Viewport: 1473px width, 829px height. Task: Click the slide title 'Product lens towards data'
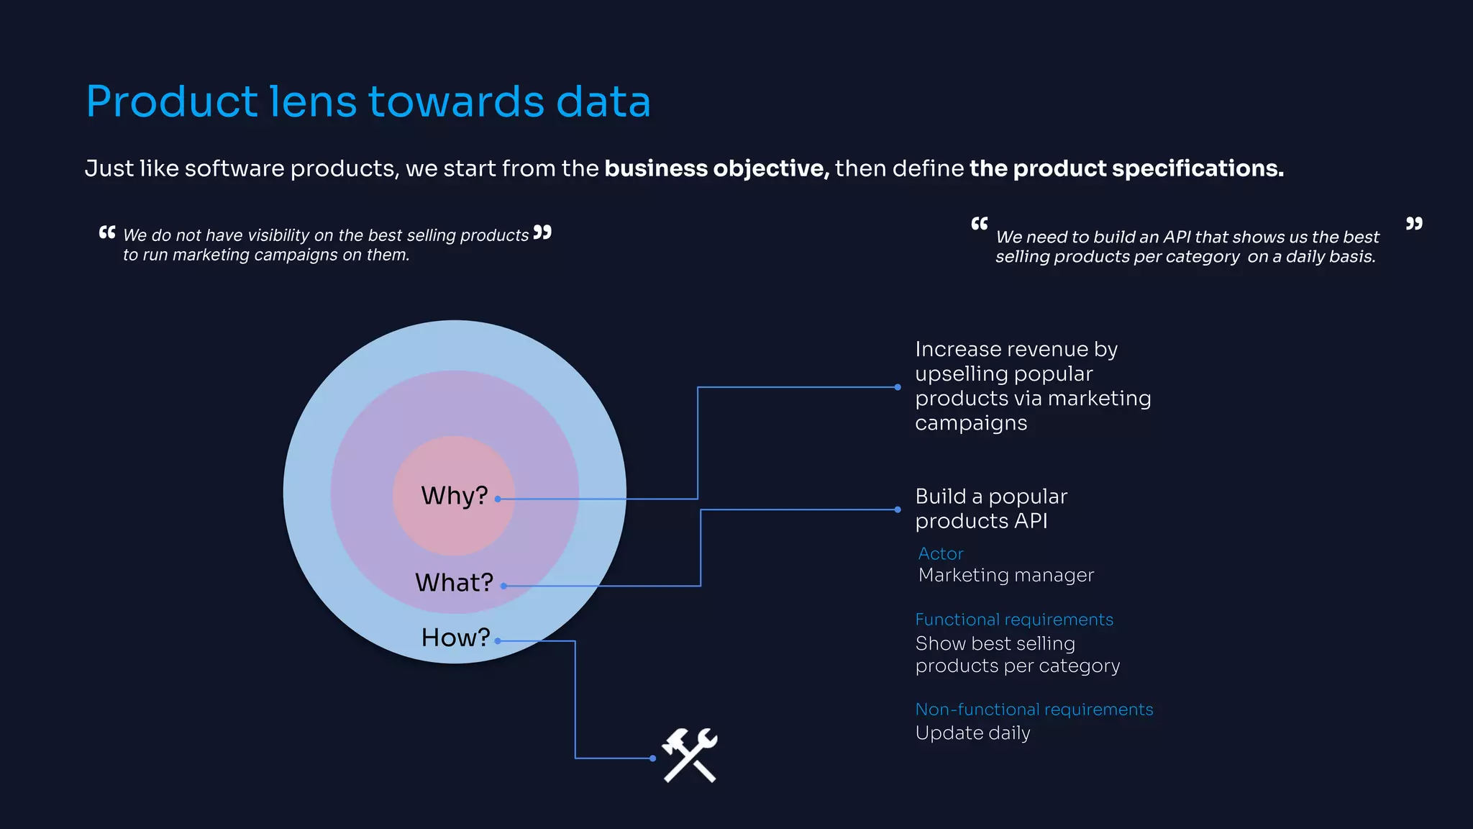coord(368,101)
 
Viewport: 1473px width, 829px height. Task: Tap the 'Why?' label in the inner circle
coord(454,496)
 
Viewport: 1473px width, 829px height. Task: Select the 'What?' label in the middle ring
coord(454,582)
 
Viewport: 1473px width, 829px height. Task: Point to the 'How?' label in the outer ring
coord(455,638)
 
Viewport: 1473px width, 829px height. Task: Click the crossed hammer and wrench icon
coord(690,755)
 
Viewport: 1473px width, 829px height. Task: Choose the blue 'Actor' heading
coord(940,553)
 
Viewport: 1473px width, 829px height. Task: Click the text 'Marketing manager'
coord(1005,575)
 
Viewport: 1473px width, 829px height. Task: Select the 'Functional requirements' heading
coord(1014,620)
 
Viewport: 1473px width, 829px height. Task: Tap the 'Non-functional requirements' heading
coord(1034,710)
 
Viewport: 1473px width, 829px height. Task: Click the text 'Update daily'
coord(972,733)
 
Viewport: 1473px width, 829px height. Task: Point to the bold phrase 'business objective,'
coord(716,168)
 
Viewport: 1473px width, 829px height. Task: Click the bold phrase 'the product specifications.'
coord(1126,168)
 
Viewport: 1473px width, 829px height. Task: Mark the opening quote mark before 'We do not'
coord(107,232)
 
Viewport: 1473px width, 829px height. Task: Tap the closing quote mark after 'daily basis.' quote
coord(1414,224)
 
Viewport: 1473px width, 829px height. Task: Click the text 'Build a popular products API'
coord(990,508)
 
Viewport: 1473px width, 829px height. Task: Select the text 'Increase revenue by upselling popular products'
coord(1032,386)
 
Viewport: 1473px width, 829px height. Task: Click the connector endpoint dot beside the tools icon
coord(652,758)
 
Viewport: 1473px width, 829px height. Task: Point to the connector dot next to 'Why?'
coord(498,499)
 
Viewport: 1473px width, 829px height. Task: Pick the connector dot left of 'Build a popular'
coord(898,509)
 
